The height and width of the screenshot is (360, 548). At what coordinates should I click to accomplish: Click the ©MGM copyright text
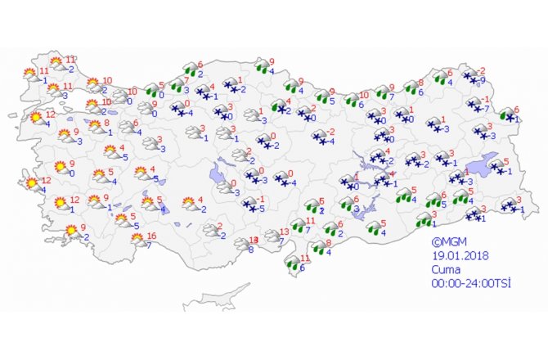(449, 242)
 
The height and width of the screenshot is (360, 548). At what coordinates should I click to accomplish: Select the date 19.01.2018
(456, 255)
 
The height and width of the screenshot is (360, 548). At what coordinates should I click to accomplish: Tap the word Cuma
(446, 268)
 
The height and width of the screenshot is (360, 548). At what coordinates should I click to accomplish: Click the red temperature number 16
(150, 236)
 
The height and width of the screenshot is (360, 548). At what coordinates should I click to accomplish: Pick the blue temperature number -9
(483, 80)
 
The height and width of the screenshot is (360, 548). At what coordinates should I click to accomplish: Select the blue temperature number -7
(486, 109)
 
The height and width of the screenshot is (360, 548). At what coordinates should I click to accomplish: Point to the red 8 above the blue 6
(420, 83)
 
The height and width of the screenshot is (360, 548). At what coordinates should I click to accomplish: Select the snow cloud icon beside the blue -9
(470, 78)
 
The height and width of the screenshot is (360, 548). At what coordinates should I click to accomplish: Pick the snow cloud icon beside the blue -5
(248, 205)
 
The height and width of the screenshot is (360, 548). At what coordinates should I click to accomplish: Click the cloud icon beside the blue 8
(242, 244)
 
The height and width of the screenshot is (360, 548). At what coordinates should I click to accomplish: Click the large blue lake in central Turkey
(219, 174)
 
